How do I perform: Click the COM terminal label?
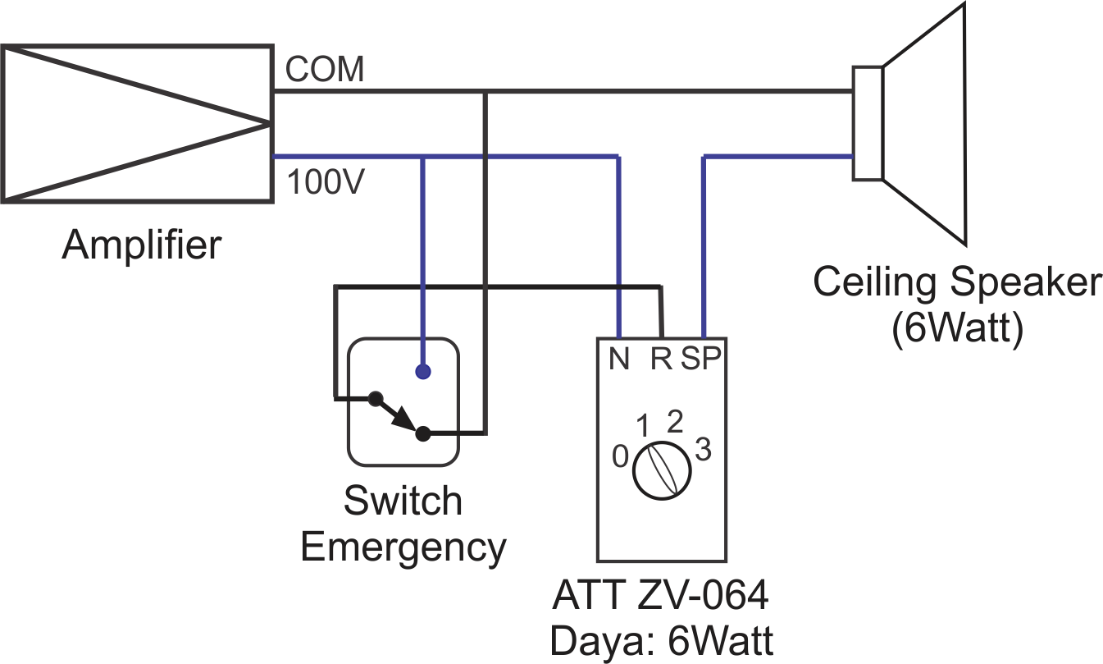[324, 71]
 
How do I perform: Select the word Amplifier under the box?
[141, 245]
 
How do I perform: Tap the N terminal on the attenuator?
[619, 359]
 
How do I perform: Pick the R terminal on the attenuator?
[661, 359]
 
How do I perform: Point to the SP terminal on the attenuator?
[701, 359]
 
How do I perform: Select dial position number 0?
[621, 456]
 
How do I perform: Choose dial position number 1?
[645, 426]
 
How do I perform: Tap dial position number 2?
[675, 421]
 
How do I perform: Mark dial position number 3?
[703, 450]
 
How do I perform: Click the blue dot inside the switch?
[422, 373]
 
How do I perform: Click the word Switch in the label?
[403, 501]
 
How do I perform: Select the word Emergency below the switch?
[403, 546]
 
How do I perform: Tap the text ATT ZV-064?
[660, 596]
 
